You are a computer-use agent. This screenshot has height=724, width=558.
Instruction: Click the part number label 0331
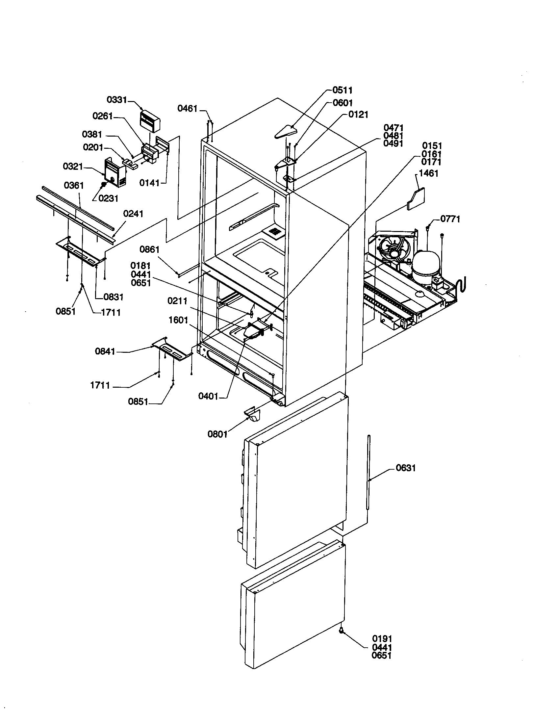[117, 99]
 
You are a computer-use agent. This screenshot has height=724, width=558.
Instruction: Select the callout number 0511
[342, 90]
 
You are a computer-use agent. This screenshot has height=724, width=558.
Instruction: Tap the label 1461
[428, 173]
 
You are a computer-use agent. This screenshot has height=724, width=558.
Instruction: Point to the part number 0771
[450, 219]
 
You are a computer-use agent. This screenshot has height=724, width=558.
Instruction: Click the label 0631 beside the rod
[406, 468]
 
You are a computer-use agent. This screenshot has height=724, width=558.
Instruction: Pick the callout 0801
[217, 434]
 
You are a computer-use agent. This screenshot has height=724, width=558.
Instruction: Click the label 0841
[105, 351]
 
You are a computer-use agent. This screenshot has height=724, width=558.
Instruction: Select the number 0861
[149, 249]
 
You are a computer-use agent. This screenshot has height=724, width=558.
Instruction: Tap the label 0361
[74, 185]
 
